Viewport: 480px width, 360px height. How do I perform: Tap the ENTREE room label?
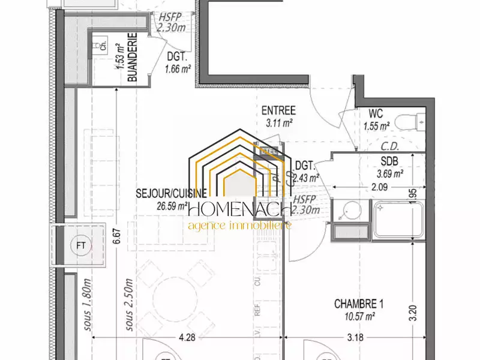(x=278, y=110)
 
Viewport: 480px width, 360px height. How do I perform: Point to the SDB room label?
(x=389, y=160)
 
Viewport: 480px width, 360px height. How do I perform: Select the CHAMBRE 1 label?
(x=359, y=304)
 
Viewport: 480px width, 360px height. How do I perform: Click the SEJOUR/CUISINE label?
(x=172, y=193)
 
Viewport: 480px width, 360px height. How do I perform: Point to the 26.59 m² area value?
(x=171, y=205)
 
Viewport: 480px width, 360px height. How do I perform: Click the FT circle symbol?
(x=80, y=245)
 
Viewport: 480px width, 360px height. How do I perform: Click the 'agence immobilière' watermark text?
(x=239, y=226)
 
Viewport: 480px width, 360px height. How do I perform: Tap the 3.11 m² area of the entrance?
(x=278, y=122)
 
